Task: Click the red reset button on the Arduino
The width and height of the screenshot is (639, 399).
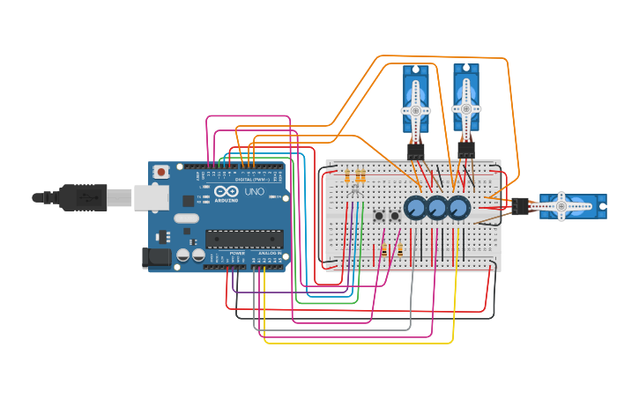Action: [161, 172]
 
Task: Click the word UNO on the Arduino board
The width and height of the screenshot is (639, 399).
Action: [254, 191]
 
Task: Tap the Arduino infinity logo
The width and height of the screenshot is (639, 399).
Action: [225, 191]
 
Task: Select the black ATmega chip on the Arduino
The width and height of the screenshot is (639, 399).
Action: [244, 238]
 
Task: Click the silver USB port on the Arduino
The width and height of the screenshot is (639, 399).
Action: [151, 197]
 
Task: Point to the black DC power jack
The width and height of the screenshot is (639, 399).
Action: [156, 257]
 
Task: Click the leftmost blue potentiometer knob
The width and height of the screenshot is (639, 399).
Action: [415, 208]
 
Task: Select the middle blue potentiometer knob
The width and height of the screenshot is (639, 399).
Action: [437, 208]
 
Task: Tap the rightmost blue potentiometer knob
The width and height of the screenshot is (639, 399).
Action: [458, 208]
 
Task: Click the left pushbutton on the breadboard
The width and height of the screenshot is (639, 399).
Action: [379, 216]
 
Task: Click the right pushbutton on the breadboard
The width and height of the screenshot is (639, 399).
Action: [395, 216]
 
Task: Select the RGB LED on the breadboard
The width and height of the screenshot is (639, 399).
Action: [355, 188]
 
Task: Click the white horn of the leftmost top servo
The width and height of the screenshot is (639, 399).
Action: [416, 111]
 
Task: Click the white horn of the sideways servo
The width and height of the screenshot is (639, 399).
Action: [561, 206]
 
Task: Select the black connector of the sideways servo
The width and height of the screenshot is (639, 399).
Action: [520, 206]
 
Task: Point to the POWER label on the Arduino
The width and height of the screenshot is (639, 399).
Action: [237, 253]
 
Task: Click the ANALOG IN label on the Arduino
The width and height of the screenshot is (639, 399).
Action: [270, 253]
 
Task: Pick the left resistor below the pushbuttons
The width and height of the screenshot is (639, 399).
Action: [384, 251]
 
